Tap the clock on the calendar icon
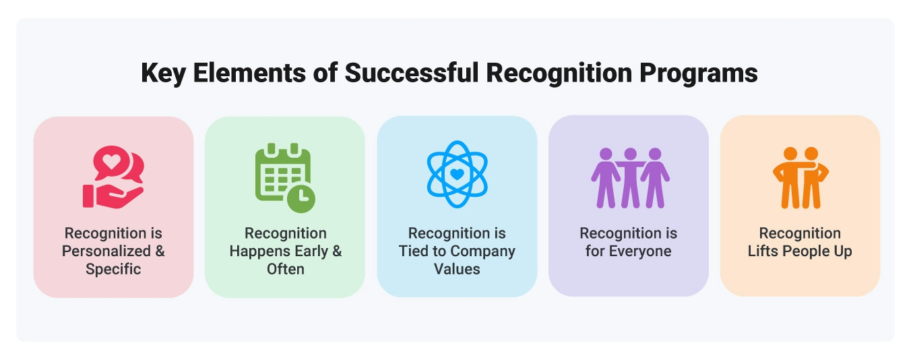point(301,196)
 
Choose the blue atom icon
point(456,174)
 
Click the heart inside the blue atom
point(456,174)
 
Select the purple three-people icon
point(629,177)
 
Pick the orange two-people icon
point(800,177)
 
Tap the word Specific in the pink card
point(113,269)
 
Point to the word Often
point(286,269)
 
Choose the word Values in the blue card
point(457,269)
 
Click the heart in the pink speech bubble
point(111,162)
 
